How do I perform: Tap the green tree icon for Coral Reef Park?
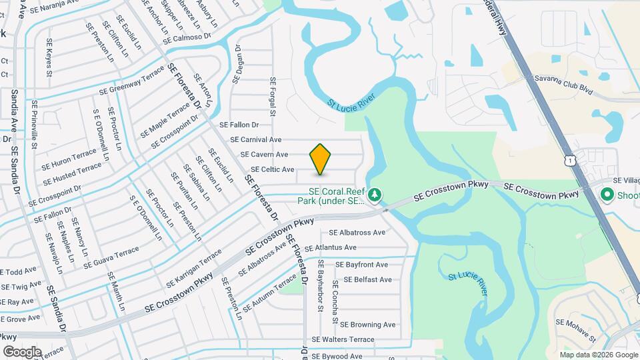click(x=376, y=194)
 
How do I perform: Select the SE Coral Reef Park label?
click(x=332, y=194)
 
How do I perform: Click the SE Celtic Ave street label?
click(x=272, y=170)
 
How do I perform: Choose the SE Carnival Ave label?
click(x=256, y=140)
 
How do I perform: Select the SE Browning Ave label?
click(x=368, y=325)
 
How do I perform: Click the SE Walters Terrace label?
click(x=343, y=339)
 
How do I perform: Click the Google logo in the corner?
click(x=22, y=351)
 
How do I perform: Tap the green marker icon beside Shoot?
click(x=607, y=195)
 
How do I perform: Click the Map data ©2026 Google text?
click(x=598, y=355)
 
